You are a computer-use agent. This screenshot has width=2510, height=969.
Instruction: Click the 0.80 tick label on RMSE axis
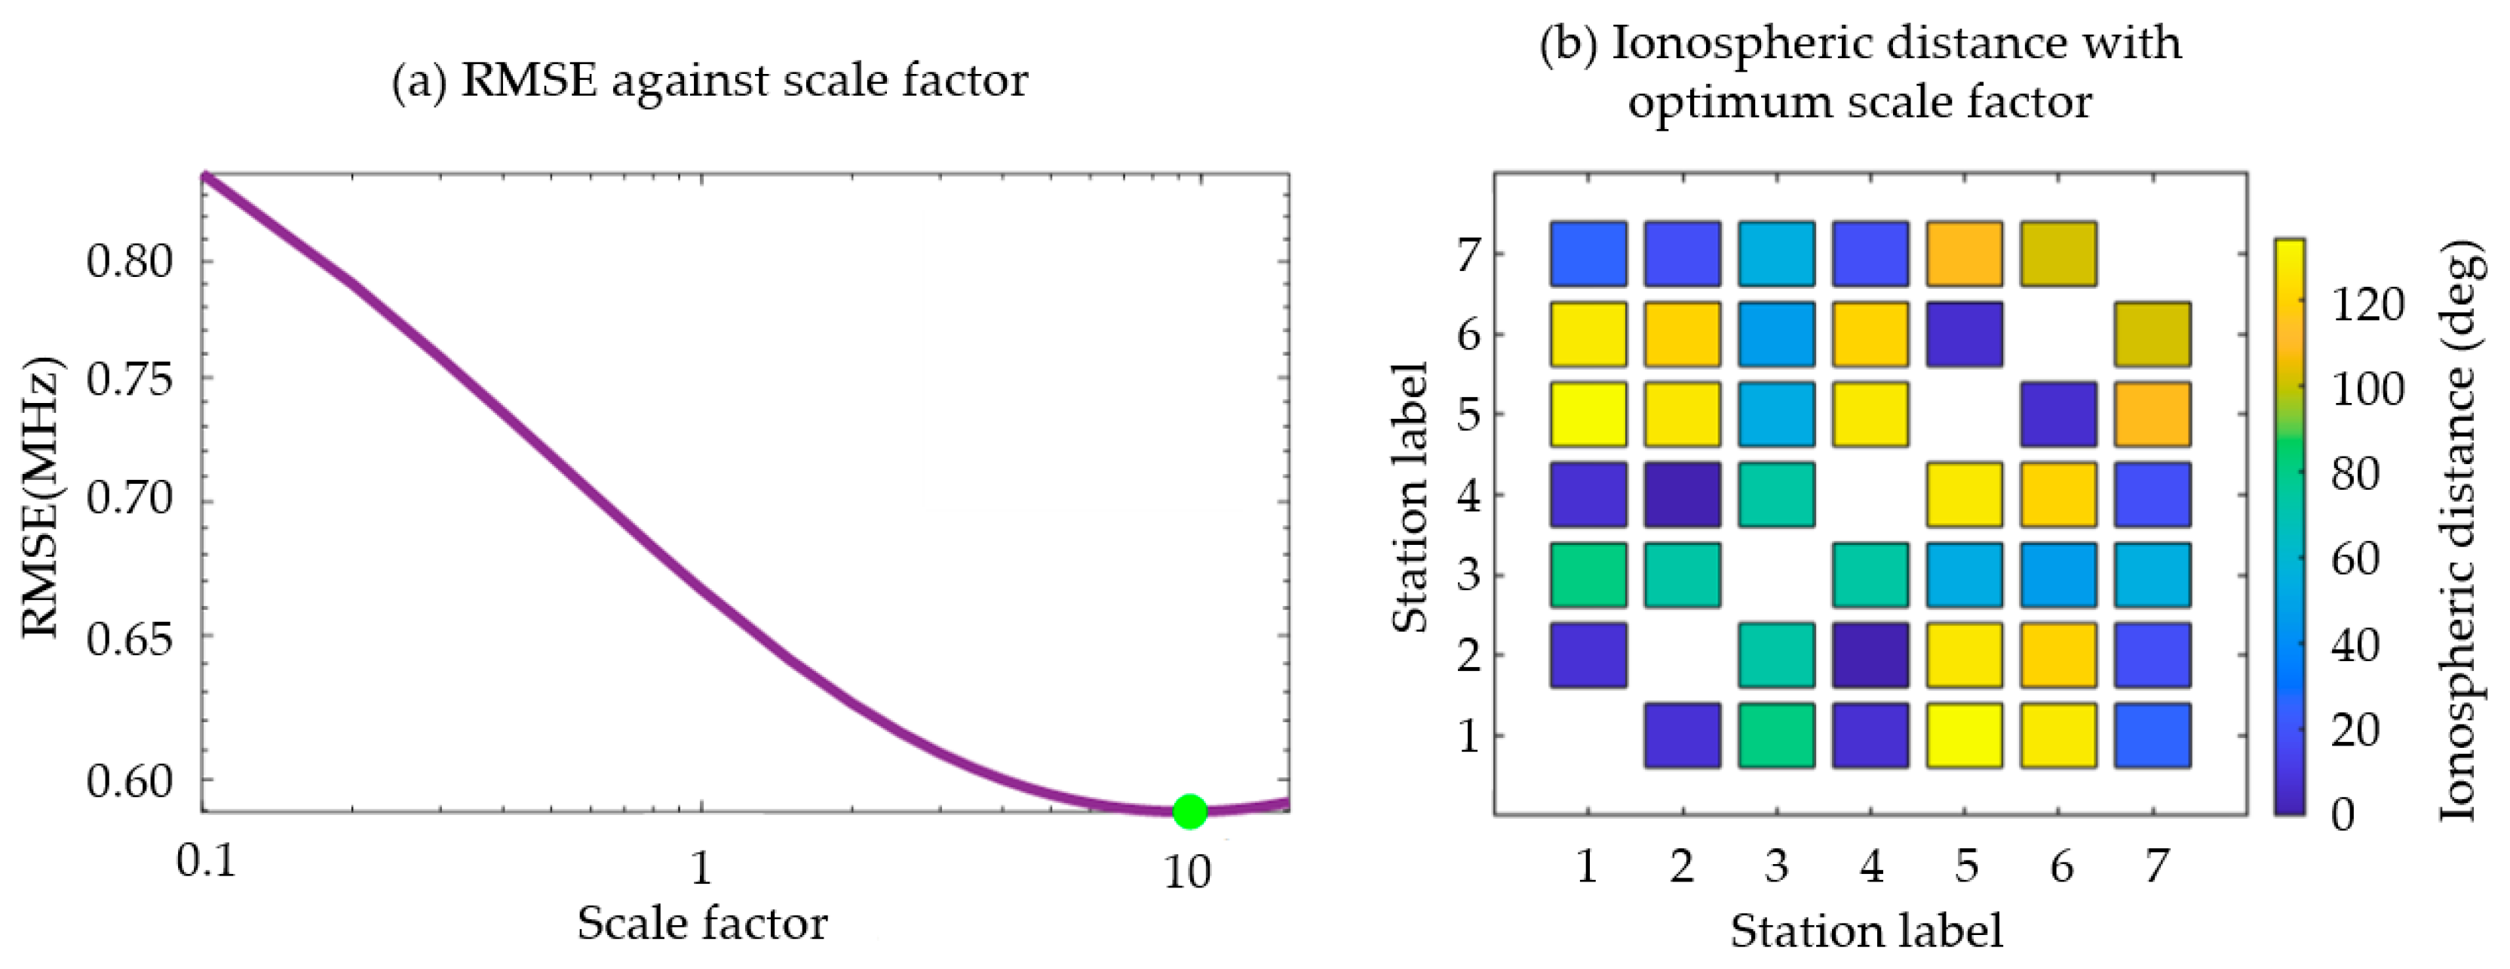coord(130,261)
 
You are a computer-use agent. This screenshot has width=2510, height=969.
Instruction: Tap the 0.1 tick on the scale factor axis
coord(207,861)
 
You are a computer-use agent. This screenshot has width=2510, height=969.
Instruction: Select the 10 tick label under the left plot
coord(1188,871)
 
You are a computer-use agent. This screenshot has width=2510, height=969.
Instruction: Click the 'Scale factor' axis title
coord(701,923)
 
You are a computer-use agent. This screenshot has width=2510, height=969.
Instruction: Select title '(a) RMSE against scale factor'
coord(710,80)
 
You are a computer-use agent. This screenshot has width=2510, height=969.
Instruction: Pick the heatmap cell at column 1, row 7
coord(1588,254)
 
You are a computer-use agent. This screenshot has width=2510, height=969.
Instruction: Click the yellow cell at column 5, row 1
coord(1965,735)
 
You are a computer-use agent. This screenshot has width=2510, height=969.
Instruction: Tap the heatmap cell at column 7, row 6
coord(2153,334)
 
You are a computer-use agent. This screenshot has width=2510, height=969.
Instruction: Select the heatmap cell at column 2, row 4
coord(1682,494)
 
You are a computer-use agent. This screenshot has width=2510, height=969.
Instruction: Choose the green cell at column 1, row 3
coord(1588,575)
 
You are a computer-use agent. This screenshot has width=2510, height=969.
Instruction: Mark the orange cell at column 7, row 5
coord(2153,414)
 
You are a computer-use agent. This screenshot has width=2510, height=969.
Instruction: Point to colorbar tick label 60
coord(2356,558)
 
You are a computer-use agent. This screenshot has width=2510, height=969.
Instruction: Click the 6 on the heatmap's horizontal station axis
coord(2060,866)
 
